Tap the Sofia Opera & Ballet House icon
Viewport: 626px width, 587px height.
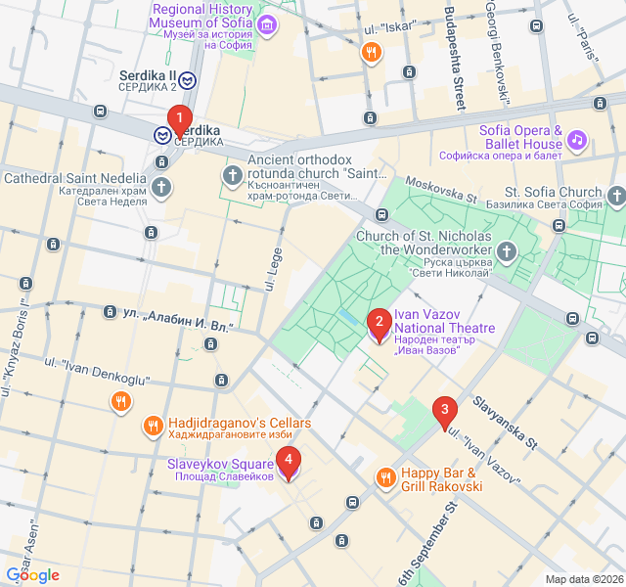577,141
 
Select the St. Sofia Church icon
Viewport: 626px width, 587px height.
615,199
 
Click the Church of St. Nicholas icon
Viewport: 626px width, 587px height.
507,252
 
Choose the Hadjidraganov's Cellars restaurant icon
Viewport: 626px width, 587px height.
153,426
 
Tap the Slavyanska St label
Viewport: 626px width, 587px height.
505,423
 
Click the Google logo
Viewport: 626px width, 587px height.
32,575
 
